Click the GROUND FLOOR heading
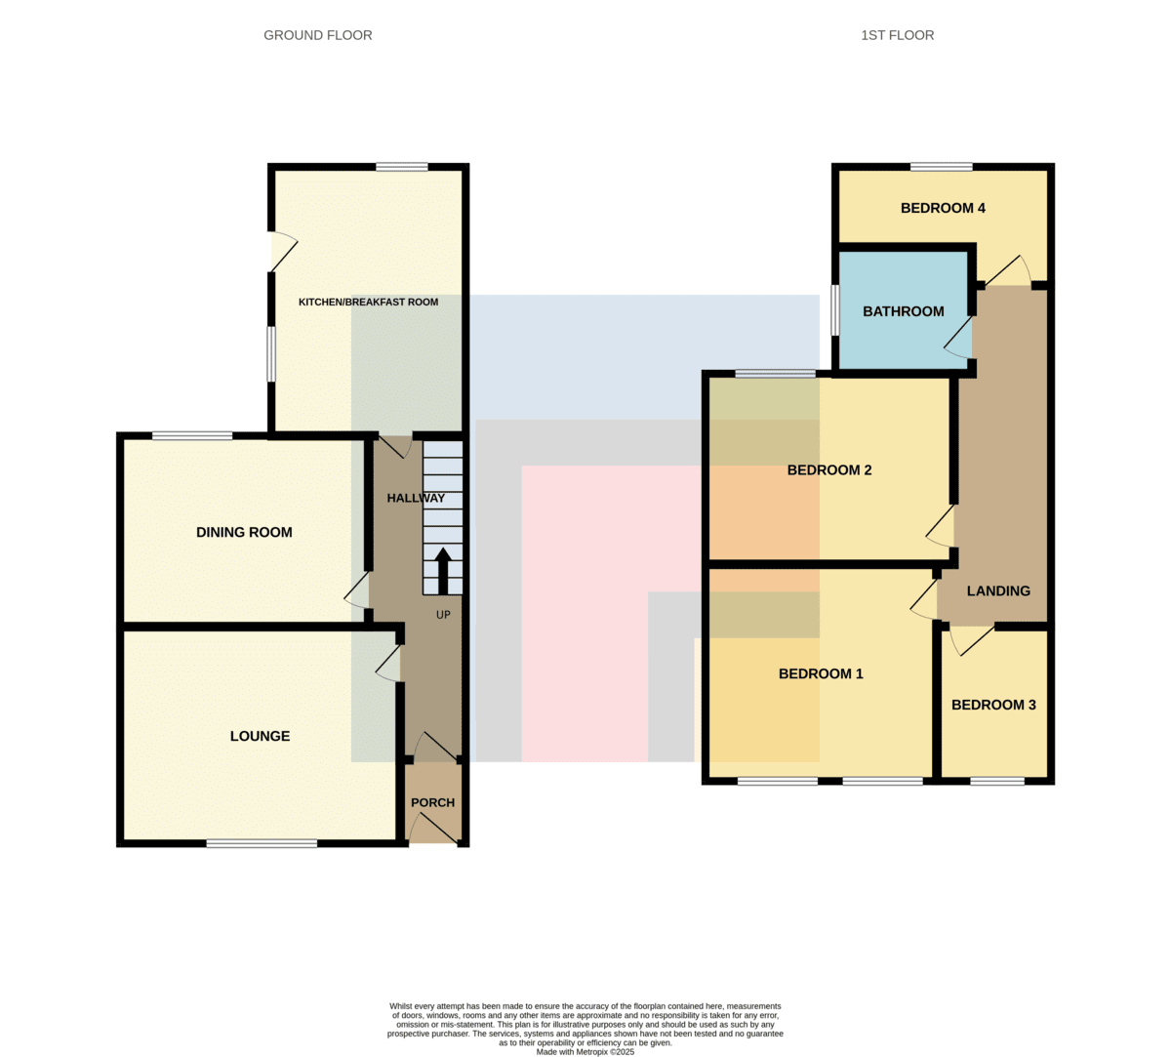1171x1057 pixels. pos(317,35)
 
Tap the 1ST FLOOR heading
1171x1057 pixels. pos(897,35)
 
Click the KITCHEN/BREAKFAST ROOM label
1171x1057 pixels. pos(368,302)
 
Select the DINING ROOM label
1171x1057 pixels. pos(244,532)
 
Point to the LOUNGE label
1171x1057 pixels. pos(260,736)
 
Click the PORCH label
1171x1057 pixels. pos(432,802)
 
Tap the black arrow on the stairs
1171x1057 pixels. pos(443,571)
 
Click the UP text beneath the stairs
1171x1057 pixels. pos(443,614)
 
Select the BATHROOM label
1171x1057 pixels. pos(903,311)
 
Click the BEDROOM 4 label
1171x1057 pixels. pos(943,208)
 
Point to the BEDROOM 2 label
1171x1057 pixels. pos(828,470)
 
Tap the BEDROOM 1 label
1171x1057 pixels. pos(821,673)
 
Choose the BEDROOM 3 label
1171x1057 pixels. pos(993,705)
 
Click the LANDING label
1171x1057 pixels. pos(998,591)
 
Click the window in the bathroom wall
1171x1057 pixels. pos(835,310)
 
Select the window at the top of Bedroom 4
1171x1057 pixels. pos(942,167)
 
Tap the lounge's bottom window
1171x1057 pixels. pos(262,843)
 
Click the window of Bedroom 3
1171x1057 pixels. pos(997,781)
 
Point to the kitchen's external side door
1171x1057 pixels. pos(283,252)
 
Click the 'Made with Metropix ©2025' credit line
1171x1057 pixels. pos(585,1052)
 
